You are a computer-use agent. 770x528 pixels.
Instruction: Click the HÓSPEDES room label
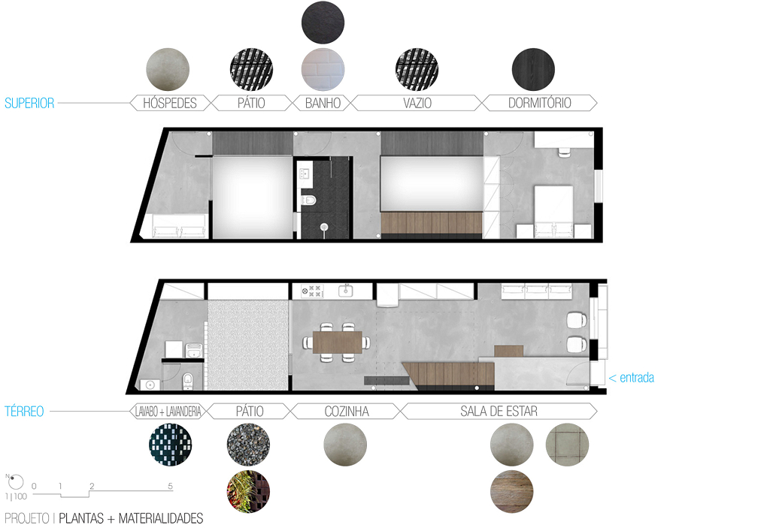point(169,103)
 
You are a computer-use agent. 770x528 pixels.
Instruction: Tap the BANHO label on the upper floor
point(323,103)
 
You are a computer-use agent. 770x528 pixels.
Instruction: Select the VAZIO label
point(417,103)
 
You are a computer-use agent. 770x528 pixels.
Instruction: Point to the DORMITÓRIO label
point(539,103)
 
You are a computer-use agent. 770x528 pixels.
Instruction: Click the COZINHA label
point(347,412)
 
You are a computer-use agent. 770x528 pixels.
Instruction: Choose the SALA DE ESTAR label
point(499,412)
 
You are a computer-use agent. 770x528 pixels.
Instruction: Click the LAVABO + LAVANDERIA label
point(168,412)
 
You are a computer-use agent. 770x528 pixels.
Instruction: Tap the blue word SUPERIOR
point(29,103)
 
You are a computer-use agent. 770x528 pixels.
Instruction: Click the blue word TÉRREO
point(24,412)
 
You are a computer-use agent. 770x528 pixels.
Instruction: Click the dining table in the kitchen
point(337,342)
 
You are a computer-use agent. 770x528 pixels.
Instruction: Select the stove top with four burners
point(312,291)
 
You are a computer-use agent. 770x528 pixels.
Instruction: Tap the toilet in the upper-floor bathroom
point(308,200)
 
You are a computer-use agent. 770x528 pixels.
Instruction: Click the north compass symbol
point(16,481)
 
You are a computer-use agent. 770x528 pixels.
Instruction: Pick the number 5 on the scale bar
point(170,486)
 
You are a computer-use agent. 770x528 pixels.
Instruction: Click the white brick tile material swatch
point(323,69)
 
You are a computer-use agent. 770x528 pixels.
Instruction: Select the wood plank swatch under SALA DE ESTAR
point(511,492)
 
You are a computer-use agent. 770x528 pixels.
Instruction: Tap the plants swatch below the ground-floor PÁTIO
point(248,492)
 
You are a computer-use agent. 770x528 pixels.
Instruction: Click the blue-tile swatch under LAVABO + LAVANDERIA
point(171,445)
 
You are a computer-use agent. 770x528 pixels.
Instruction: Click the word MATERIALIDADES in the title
point(161,518)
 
